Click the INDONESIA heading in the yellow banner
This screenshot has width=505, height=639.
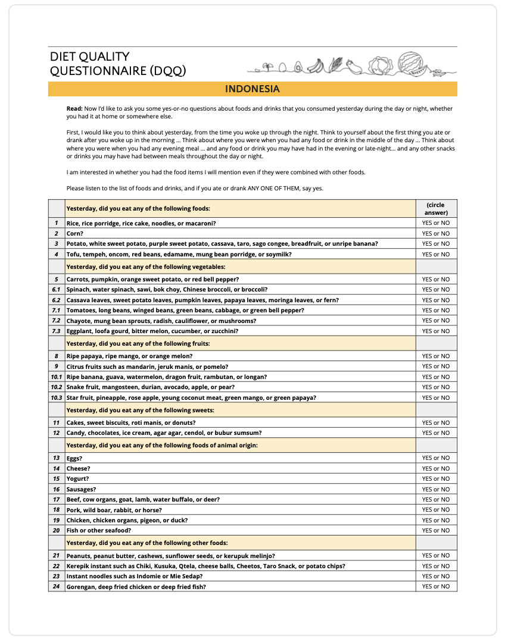point(252,89)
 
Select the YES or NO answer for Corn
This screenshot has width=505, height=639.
point(436,234)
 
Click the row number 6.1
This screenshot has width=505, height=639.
point(57,290)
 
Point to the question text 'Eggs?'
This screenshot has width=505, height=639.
point(74,459)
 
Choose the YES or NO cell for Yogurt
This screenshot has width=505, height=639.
point(436,479)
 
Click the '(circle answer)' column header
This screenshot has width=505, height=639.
point(436,209)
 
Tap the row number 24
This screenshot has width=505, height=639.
point(57,587)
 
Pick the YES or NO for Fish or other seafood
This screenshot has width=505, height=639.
point(436,531)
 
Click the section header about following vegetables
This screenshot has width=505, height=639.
point(146,267)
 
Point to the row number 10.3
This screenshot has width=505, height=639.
point(57,397)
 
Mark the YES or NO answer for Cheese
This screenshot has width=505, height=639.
point(436,469)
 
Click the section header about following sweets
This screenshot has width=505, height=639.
point(140,411)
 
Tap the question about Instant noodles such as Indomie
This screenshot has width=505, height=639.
point(134,577)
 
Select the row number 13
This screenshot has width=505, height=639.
point(57,459)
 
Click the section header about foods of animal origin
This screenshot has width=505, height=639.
point(162,446)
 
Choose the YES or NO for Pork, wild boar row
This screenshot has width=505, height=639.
point(436,510)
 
